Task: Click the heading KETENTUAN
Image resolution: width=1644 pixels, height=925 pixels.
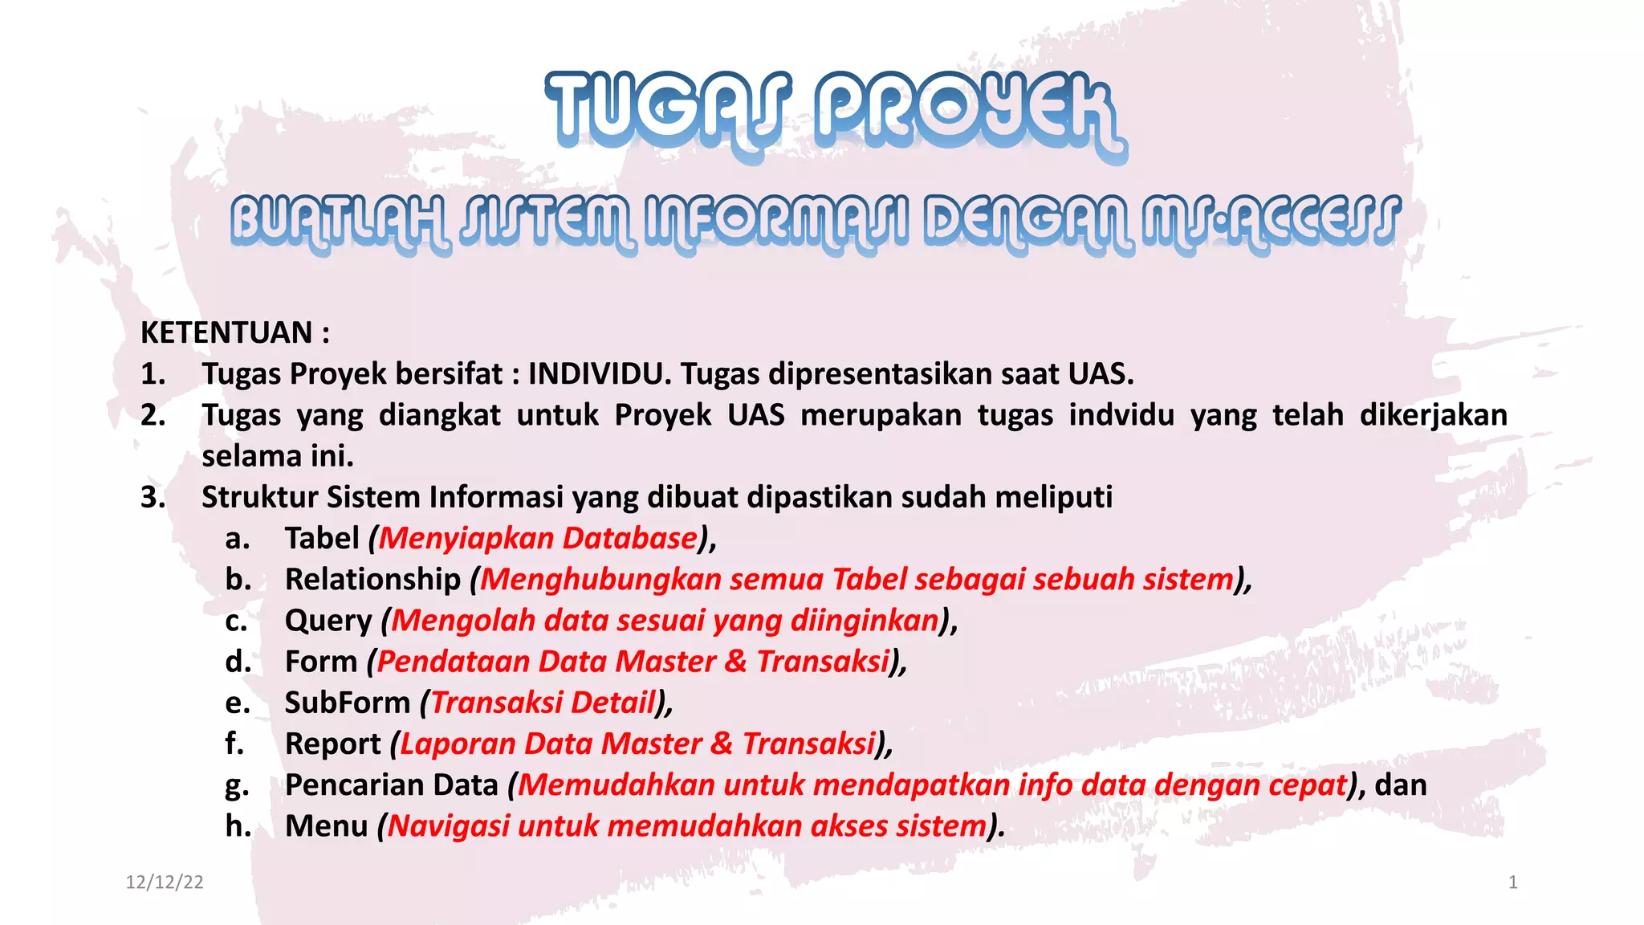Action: click(x=226, y=332)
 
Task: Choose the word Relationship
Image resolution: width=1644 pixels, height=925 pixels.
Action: click(x=372, y=579)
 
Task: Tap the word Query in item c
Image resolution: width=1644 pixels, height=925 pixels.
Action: click(x=328, y=621)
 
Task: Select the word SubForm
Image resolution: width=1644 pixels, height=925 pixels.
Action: click(x=347, y=703)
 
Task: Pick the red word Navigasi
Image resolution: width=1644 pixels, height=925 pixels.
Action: click(x=448, y=826)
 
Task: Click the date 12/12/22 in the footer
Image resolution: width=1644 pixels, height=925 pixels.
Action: click(x=165, y=882)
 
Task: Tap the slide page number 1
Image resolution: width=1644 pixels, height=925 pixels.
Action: click(x=1512, y=882)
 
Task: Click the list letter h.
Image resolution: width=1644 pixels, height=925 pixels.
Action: click(x=238, y=826)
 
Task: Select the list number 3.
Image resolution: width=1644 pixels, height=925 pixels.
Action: click(x=153, y=497)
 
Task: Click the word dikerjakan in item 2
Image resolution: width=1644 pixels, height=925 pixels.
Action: click(x=1433, y=415)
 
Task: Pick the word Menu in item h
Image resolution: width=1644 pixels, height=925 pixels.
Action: click(x=326, y=826)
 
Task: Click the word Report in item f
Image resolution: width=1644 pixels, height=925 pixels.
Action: click(x=332, y=744)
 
